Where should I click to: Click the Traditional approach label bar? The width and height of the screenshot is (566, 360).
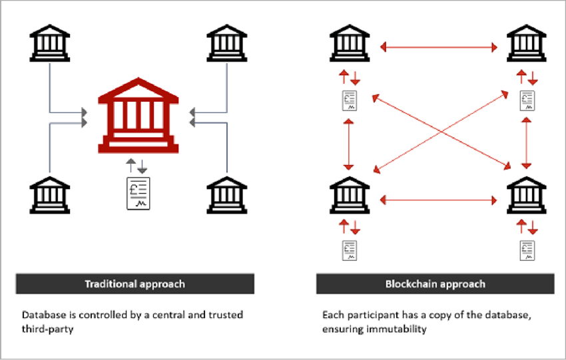tap(135, 284)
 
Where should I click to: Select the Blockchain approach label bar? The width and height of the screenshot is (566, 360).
tap(435, 284)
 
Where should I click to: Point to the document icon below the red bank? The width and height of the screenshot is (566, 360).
tap(139, 194)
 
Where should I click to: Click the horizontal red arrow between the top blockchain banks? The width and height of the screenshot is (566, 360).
tap(439, 47)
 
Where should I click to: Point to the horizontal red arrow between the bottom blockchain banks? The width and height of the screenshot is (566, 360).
tap(439, 198)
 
